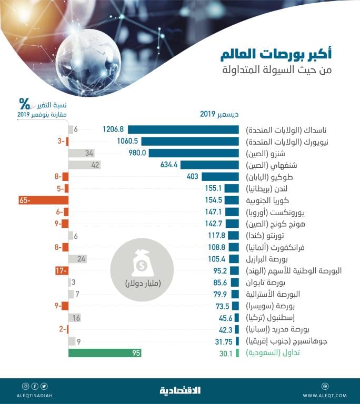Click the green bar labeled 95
coord(105,353)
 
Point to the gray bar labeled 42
coord(84,165)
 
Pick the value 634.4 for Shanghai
coord(171,165)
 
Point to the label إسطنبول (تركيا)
coord(274,318)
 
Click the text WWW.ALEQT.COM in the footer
coord(325,395)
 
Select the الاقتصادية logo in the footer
coord(180,390)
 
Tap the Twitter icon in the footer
coord(44,386)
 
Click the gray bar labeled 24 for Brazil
coord(78,259)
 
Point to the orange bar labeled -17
coord(61,270)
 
